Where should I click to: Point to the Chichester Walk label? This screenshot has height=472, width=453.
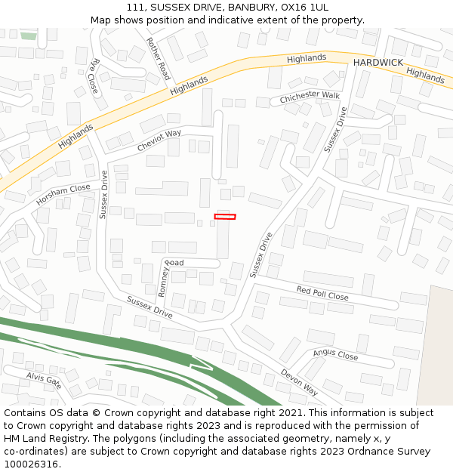(x=310, y=97)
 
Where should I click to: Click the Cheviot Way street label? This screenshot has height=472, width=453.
(x=159, y=140)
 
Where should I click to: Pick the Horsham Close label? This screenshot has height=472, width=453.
(x=63, y=195)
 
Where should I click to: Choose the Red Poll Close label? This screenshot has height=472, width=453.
(x=322, y=293)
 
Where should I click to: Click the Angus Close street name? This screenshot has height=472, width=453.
(x=335, y=353)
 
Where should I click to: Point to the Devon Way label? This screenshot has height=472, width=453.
(x=300, y=382)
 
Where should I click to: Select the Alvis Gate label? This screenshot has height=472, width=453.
(x=44, y=379)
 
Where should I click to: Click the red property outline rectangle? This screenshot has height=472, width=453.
(x=225, y=217)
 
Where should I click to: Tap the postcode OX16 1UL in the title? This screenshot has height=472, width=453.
(x=308, y=7)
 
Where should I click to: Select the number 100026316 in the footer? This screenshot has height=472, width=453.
(x=32, y=464)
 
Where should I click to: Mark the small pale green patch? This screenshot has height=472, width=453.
(x=29, y=35)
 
